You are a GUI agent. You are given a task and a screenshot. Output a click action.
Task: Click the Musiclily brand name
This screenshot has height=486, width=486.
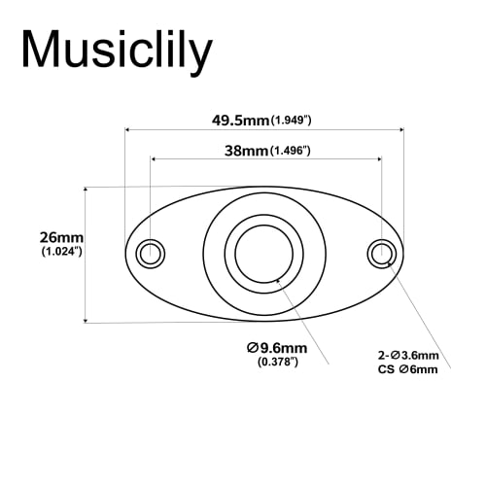(x=116, y=50)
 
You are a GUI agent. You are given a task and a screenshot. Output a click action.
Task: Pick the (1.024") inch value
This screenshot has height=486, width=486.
(x=61, y=252)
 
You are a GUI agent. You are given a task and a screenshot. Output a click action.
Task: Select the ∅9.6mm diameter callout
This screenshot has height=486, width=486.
(x=277, y=348)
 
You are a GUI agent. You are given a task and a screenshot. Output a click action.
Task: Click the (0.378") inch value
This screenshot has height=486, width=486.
(x=277, y=363)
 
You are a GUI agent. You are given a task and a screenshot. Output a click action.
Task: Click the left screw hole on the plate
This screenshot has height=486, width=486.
(x=150, y=254)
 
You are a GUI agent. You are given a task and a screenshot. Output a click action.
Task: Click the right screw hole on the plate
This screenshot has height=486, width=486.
(x=380, y=254)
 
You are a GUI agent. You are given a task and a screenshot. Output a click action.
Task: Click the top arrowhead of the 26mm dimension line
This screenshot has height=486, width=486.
(x=86, y=191)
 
